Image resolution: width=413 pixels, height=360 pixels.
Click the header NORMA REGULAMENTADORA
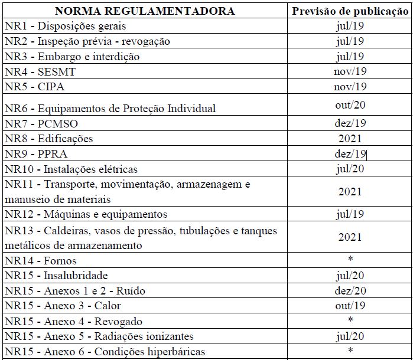tap(145, 11)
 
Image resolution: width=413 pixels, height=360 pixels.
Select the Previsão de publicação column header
tap(350, 11)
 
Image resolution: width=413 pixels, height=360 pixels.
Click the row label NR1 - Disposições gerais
tap(65, 26)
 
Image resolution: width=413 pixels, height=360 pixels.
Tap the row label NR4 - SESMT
tap(40, 71)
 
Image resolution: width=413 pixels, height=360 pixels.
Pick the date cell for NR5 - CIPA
tap(350, 87)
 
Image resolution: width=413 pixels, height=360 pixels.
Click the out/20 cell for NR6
tap(350, 105)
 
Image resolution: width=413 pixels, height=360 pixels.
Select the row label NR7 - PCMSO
tap(41, 124)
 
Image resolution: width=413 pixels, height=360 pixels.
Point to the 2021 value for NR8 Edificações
tap(350, 139)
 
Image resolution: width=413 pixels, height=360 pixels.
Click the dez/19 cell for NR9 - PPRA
tap(350, 154)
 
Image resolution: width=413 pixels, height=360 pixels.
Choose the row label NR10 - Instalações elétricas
tap(71, 169)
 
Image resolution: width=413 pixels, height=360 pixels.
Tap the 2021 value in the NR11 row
tap(350, 192)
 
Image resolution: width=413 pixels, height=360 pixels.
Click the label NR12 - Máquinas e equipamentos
tap(86, 214)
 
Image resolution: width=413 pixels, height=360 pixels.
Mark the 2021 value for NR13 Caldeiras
tap(350, 237)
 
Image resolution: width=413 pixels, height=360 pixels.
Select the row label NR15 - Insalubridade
tap(64, 276)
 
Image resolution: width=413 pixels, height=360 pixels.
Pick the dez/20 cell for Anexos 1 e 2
tap(350, 291)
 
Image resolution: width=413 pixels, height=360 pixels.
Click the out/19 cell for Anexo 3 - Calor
tap(350, 306)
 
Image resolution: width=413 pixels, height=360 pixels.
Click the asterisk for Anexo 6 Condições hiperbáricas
tap(350, 352)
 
